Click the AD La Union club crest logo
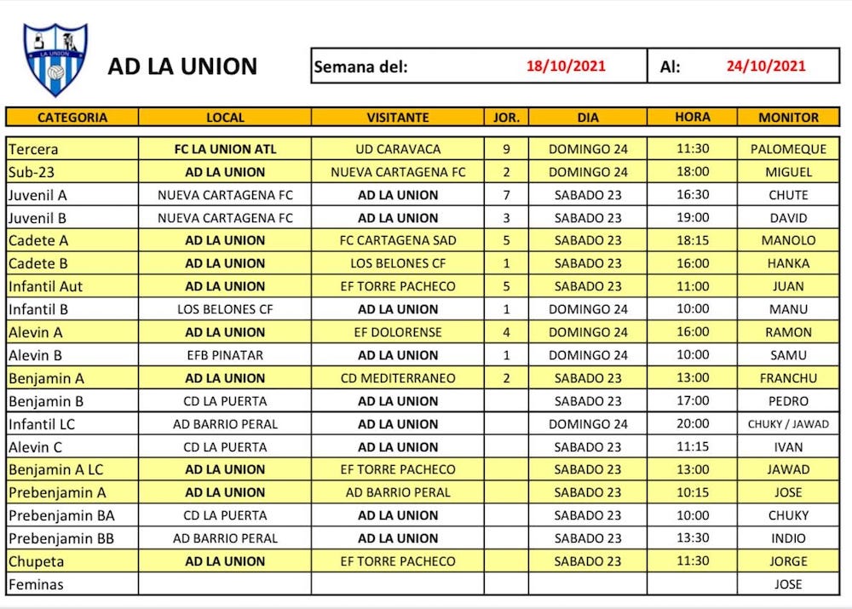pyautogui.click(x=55, y=60)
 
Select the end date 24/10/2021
pyautogui.click(x=766, y=66)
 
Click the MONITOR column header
pyautogui.click(x=788, y=118)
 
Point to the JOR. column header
pyautogui.click(x=506, y=118)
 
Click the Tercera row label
pyautogui.click(x=33, y=149)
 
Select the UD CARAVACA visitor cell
pyautogui.click(x=398, y=149)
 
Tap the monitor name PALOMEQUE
pyautogui.click(x=788, y=149)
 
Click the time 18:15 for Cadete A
pyautogui.click(x=693, y=240)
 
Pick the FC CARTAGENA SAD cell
pyautogui.click(x=398, y=240)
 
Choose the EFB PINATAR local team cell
pyautogui.click(x=225, y=355)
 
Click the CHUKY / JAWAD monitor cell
pyautogui.click(x=788, y=424)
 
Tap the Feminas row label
pyautogui.click(x=36, y=584)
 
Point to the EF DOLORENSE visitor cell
pyautogui.click(x=398, y=332)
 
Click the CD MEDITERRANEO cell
pyautogui.click(x=398, y=378)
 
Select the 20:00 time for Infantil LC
pyautogui.click(x=693, y=424)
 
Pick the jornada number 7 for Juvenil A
pyautogui.click(x=506, y=195)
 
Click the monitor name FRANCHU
pyautogui.click(x=788, y=378)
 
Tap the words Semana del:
pyautogui.click(x=361, y=66)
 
